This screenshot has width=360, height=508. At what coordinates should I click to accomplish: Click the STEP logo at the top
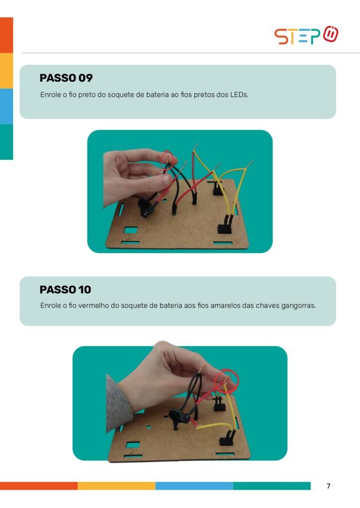[306, 35]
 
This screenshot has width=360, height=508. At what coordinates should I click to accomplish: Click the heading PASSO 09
[66, 78]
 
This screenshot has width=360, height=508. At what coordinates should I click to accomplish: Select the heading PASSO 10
[65, 289]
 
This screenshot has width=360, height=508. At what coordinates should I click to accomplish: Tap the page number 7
[329, 486]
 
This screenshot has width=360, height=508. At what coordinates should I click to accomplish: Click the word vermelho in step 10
[93, 306]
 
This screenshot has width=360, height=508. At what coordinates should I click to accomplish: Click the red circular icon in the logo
[331, 34]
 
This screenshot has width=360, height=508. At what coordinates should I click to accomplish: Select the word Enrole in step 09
[50, 95]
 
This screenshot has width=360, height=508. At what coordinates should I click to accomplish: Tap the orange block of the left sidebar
[6, 35]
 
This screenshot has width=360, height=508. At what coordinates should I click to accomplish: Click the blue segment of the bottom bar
[194, 486]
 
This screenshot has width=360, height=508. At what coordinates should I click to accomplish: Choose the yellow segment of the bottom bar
[116, 486]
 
